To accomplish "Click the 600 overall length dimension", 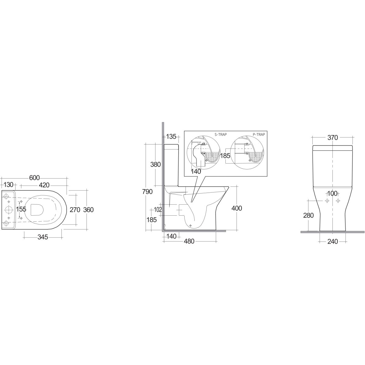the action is point(34,178).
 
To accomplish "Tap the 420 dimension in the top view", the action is point(44,185).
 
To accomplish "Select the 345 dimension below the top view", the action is point(43,237).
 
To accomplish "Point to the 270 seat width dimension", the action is point(75,210).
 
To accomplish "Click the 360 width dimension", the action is point(88,210).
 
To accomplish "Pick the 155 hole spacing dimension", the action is point(21,209).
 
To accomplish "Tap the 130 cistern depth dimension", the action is point(8,185).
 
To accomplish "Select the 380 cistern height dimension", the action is point(155,165).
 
